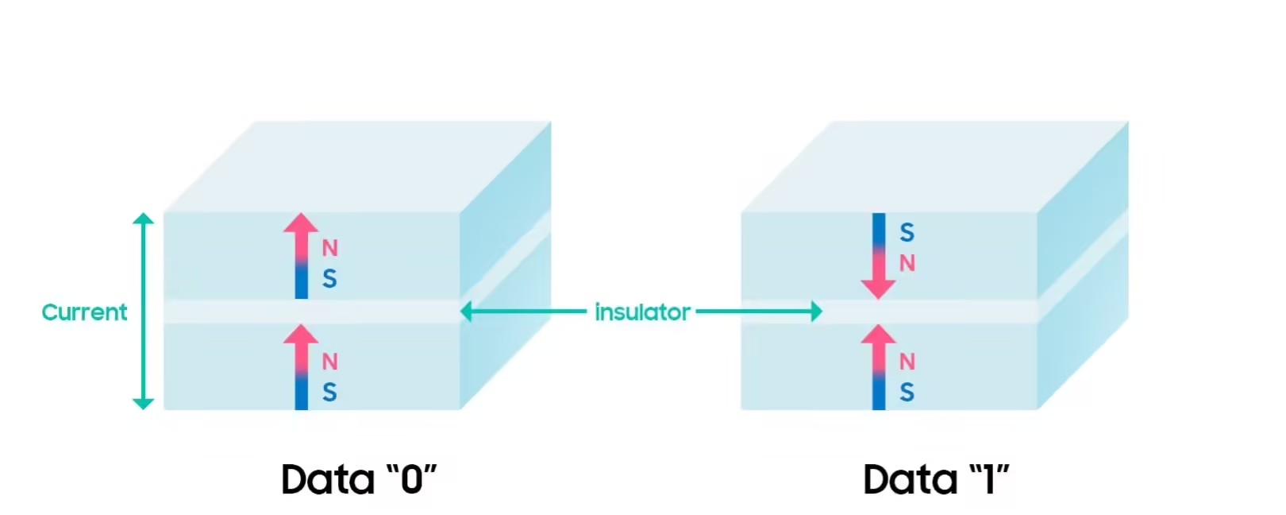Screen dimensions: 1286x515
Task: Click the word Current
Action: click(84, 312)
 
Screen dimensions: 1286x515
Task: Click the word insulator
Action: click(642, 312)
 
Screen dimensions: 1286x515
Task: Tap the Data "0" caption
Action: click(359, 478)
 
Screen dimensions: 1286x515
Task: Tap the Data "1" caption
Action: click(937, 478)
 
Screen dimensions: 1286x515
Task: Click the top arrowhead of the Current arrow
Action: click(143, 218)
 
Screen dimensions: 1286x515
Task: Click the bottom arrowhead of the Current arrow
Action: click(143, 404)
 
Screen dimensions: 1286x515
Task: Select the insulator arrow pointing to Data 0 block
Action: click(524, 312)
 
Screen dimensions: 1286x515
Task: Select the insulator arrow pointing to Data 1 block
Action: click(759, 312)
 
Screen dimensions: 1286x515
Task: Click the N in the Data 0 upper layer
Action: click(329, 248)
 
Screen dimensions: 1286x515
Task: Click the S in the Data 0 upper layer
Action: click(329, 279)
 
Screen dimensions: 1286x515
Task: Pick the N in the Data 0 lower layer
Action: click(329, 362)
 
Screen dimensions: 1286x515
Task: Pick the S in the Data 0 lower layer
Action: click(329, 392)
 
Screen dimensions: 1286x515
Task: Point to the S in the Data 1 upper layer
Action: click(907, 233)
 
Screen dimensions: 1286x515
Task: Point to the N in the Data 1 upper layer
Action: click(907, 263)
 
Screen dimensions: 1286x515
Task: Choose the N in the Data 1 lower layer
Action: click(907, 362)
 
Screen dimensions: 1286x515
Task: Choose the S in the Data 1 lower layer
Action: click(907, 392)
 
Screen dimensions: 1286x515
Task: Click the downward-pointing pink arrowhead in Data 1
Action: click(879, 289)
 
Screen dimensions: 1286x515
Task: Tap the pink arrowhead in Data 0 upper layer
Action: click(302, 223)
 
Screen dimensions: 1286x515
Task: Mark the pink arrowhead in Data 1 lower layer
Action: click(879, 335)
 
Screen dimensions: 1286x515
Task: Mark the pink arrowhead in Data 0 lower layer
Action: click(302, 335)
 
